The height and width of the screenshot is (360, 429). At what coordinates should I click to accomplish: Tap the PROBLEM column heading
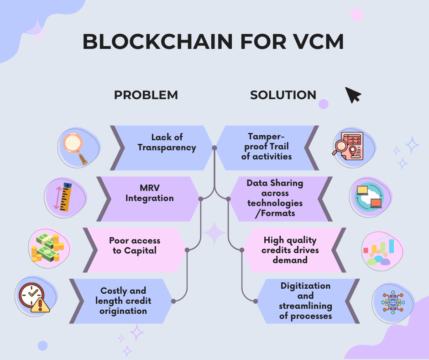tap(146, 95)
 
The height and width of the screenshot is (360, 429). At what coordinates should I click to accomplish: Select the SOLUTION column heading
tap(283, 95)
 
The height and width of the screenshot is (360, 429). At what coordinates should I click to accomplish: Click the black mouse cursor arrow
tap(352, 95)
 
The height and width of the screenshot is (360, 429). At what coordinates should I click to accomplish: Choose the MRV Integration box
tap(149, 194)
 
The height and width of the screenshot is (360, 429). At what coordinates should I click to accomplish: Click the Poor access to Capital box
tap(135, 245)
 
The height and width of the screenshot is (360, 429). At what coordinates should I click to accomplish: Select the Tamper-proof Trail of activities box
tap(267, 146)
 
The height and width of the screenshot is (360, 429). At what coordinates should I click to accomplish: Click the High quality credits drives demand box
tap(291, 249)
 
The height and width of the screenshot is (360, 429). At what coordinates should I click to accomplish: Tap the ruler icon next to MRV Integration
tap(64, 197)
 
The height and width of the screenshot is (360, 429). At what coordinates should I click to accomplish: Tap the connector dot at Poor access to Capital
tap(187, 250)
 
